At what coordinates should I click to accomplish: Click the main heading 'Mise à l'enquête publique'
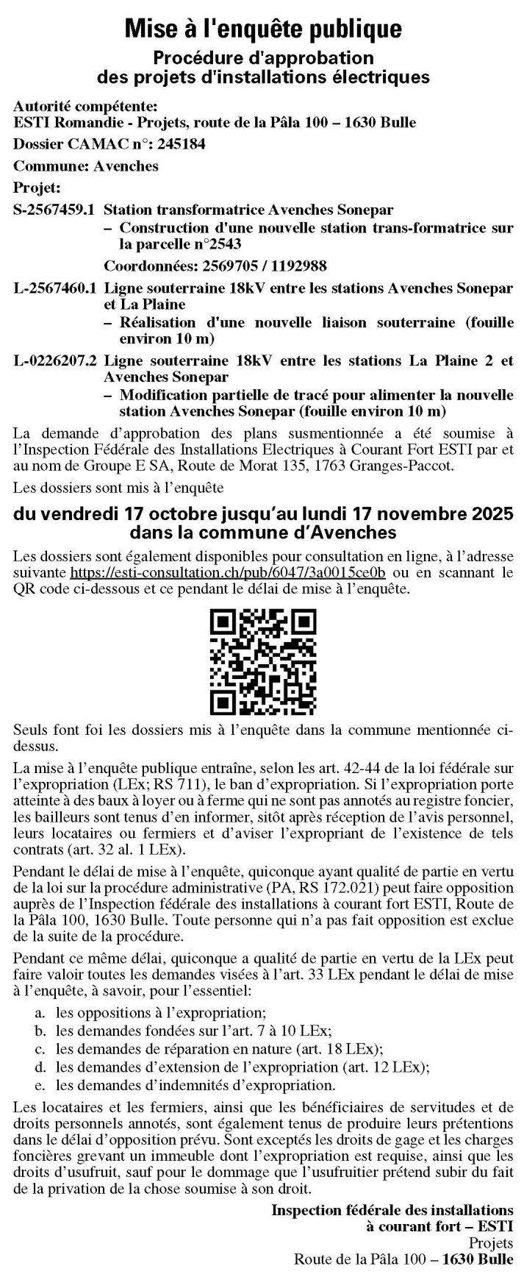[262, 28]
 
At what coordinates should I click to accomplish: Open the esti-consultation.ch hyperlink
[228, 572]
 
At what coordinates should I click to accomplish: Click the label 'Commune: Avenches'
[86, 166]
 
